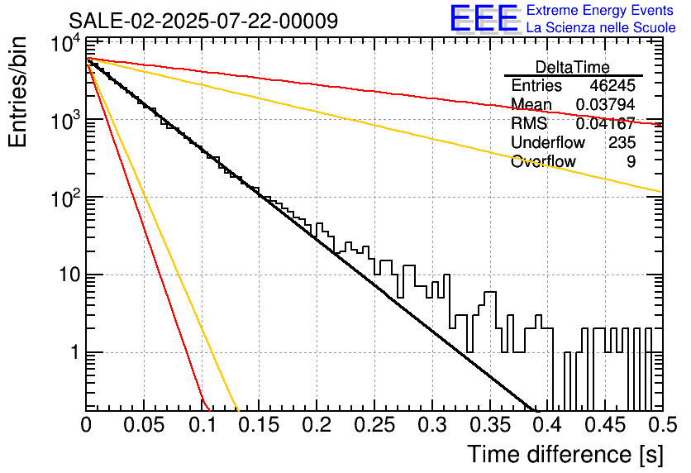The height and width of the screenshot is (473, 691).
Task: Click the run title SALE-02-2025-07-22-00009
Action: (203, 21)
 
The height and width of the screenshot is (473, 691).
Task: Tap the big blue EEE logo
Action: (484, 18)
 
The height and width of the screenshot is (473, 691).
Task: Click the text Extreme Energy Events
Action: (600, 10)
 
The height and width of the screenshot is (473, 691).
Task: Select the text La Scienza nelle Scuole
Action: (601, 27)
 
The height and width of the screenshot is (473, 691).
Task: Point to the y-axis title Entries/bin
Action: (17, 93)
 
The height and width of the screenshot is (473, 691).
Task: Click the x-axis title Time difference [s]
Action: (565, 455)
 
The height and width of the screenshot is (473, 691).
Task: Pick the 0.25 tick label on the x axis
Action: (374, 425)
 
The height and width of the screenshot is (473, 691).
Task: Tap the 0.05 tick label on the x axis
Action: (144, 425)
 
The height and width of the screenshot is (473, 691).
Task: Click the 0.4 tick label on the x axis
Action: (548, 425)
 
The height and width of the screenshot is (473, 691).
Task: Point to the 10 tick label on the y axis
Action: (69, 275)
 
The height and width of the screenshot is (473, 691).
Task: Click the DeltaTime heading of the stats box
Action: (573, 67)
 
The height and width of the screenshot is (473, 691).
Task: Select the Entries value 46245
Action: (612, 85)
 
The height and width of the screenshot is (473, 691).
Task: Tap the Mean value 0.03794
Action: (606, 104)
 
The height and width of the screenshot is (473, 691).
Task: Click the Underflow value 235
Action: (622, 142)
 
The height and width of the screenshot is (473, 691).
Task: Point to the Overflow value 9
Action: (631, 161)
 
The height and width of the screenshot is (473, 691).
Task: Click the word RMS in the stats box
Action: (529, 123)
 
